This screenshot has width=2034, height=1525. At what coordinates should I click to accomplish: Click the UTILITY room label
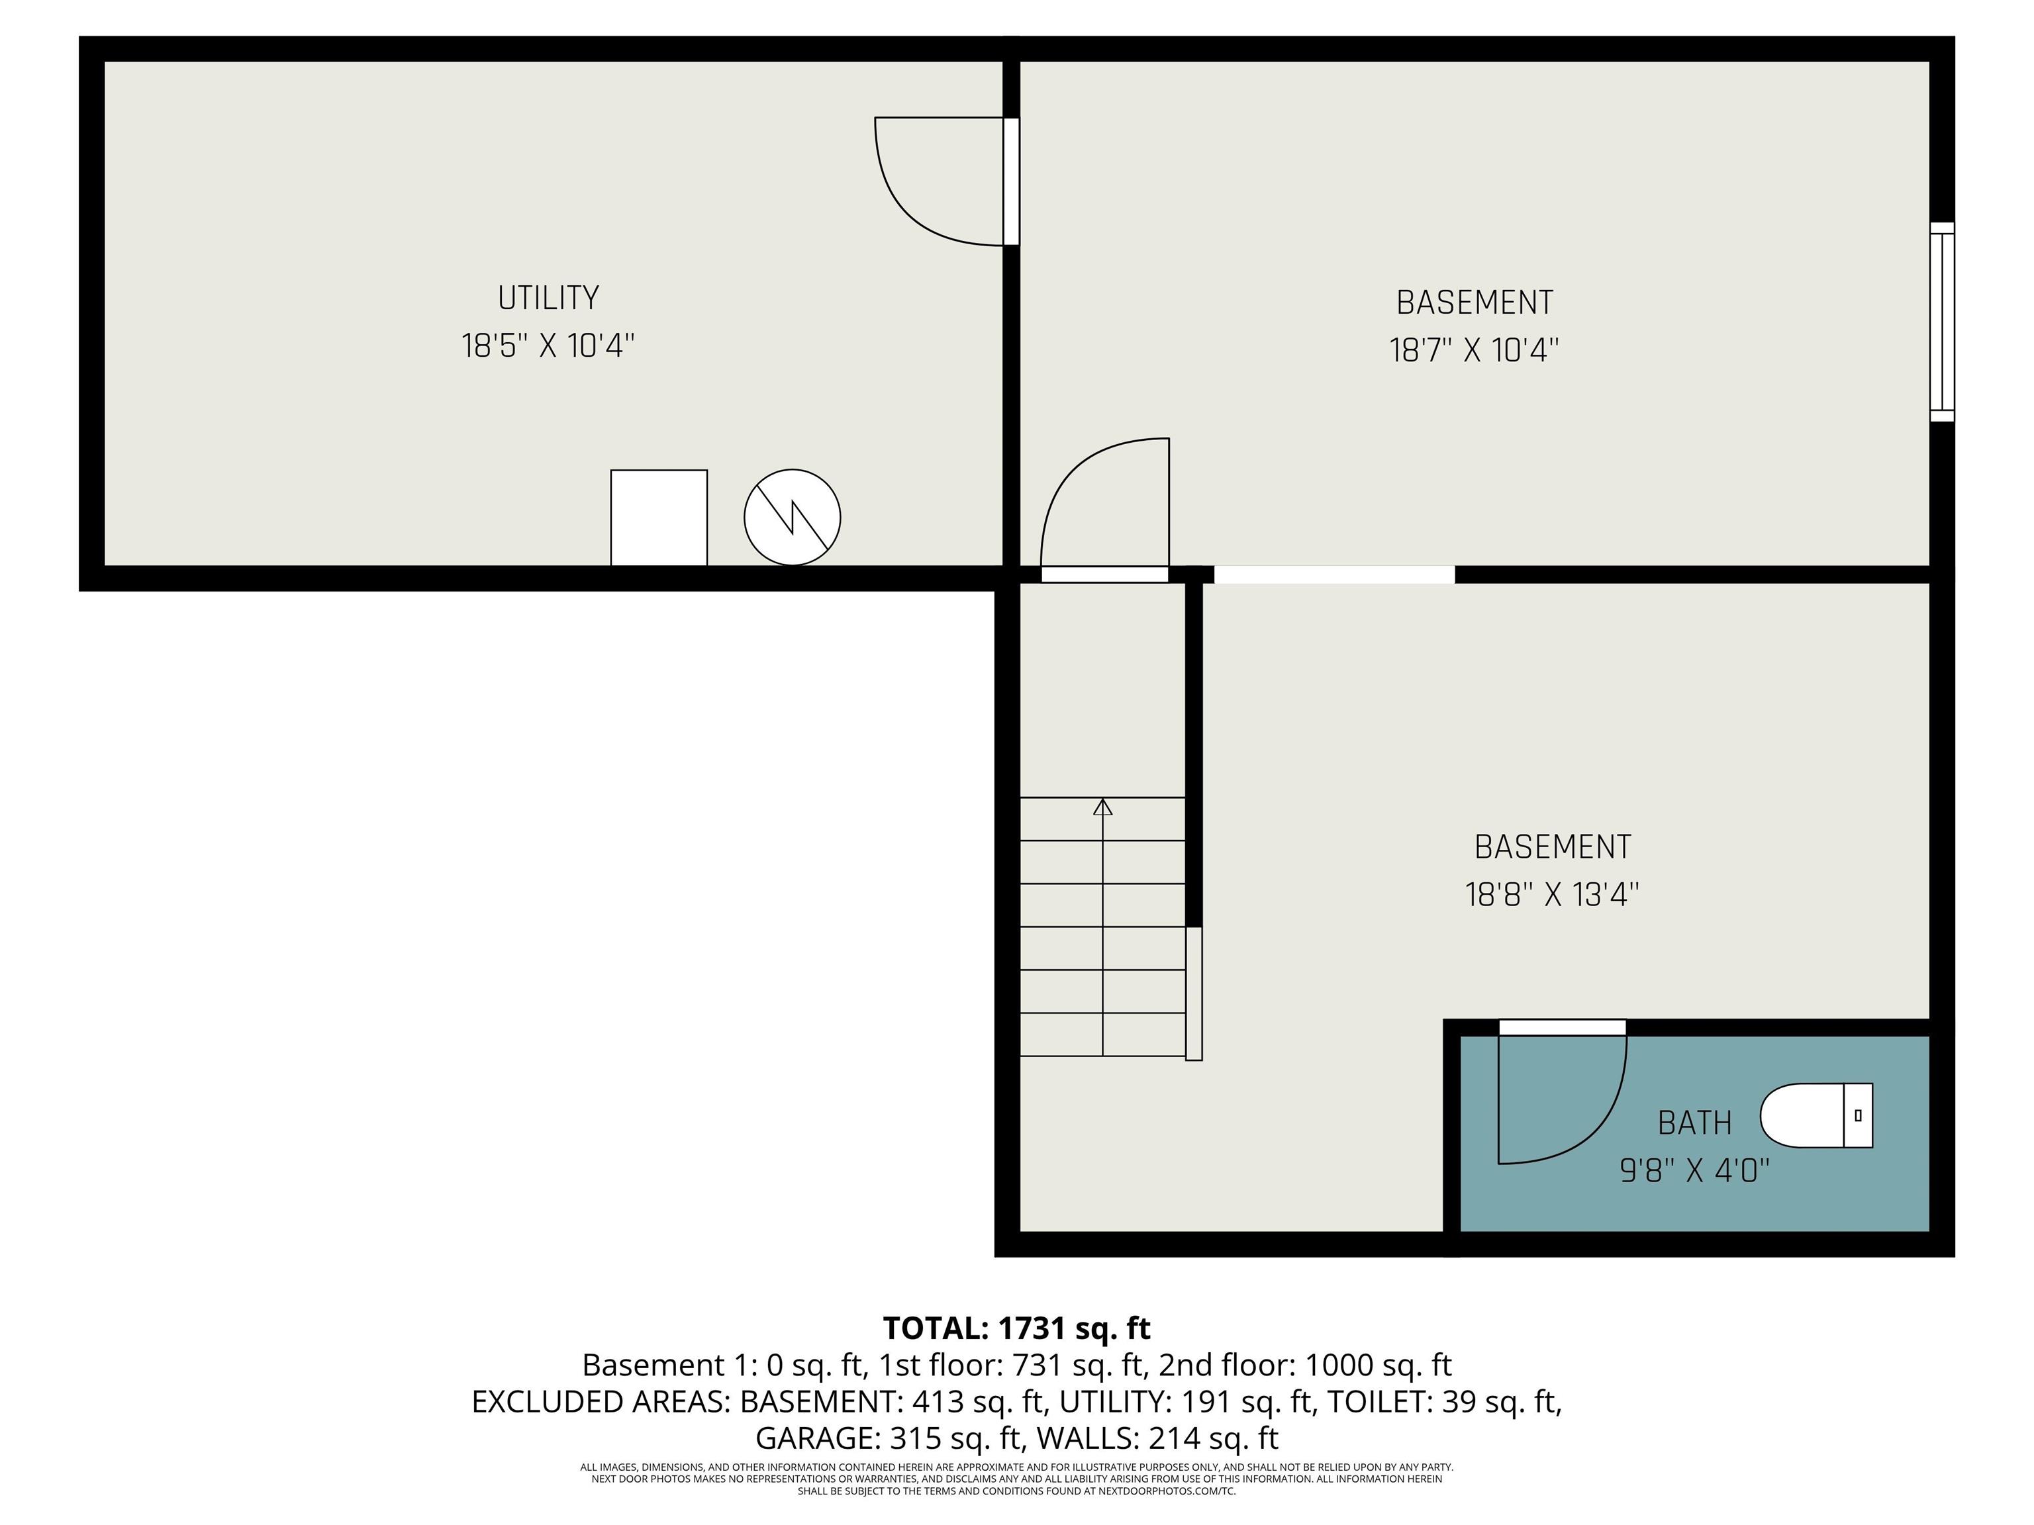[548, 298]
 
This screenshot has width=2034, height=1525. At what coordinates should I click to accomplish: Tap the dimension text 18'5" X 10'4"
[548, 347]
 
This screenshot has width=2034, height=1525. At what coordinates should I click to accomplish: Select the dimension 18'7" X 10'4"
[1474, 350]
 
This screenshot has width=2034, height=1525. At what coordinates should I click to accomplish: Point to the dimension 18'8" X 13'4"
[1552, 894]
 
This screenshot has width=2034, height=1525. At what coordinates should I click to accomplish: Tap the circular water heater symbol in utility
[792, 518]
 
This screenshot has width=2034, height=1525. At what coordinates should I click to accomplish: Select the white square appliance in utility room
[658, 518]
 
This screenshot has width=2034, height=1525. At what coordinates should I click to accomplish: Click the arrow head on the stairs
[1102, 807]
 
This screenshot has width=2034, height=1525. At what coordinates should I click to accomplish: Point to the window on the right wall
[1941, 322]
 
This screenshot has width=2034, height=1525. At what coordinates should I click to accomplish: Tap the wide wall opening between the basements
[1334, 575]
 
